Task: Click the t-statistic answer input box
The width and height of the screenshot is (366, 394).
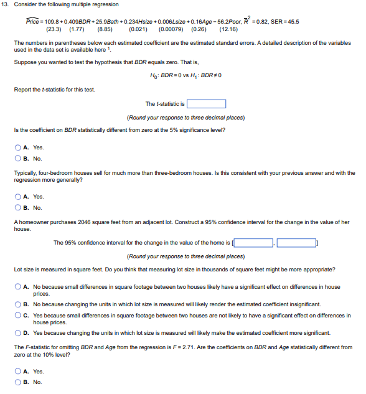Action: [x=206, y=104]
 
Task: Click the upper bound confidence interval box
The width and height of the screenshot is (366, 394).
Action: [x=297, y=243]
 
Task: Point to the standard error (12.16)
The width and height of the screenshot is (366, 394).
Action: [x=228, y=29]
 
